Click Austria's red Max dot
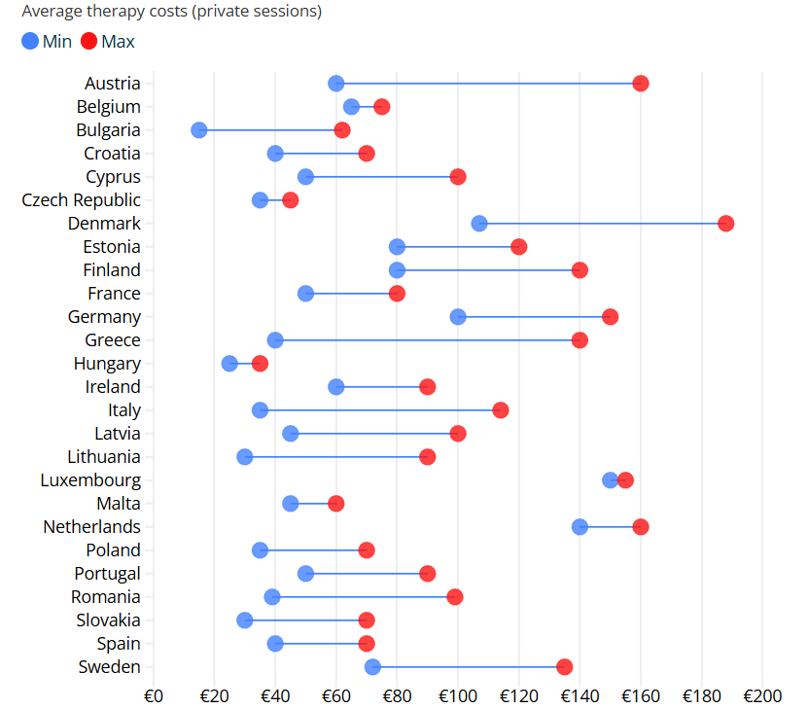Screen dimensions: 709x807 (x=641, y=84)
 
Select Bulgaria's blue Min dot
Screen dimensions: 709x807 (x=199, y=130)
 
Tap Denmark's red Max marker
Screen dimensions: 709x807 (x=725, y=224)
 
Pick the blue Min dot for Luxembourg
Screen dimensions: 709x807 (x=610, y=480)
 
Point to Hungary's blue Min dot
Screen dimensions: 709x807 (x=229, y=364)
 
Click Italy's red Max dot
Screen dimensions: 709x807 (x=501, y=410)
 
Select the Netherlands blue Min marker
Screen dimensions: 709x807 (x=579, y=527)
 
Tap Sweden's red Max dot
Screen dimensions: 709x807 (x=564, y=667)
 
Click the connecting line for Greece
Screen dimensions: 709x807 (x=428, y=340)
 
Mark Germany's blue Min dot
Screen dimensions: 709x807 (x=458, y=317)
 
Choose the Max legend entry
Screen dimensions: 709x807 (x=107, y=42)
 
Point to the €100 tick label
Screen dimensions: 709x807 (x=458, y=696)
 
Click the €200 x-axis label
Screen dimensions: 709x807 (x=762, y=696)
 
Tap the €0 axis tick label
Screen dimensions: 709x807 (x=154, y=696)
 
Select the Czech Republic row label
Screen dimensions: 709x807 (x=81, y=200)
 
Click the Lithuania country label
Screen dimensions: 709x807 (x=104, y=457)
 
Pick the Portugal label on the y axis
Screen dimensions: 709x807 (x=107, y=574)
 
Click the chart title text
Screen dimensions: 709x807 (x=171, y=12)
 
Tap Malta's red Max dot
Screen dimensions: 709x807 (x=336, y=504)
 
